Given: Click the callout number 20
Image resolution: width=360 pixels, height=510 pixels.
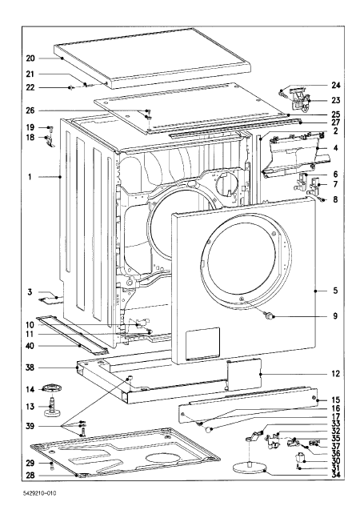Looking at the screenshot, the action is point(30,58).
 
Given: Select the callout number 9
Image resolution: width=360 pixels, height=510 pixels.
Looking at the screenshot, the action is point(335,315).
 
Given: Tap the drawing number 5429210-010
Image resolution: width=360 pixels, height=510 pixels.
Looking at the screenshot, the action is point(40,493).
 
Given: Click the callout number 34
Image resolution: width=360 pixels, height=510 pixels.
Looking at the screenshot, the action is point(336,475).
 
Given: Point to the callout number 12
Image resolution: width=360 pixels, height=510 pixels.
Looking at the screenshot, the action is point(336,374).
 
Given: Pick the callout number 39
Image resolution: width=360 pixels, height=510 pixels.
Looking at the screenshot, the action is point(30,427).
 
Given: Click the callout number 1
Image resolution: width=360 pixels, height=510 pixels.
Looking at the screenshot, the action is point(30,177).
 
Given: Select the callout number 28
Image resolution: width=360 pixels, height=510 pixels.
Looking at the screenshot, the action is point(30,476).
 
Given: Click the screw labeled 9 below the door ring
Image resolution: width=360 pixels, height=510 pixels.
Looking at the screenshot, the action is point(270,315).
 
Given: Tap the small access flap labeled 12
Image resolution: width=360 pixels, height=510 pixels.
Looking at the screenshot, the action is point(244,374).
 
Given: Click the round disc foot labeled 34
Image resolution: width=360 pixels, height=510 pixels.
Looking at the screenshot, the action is point(250,468).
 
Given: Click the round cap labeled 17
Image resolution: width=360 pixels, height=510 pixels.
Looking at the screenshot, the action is point(208,429).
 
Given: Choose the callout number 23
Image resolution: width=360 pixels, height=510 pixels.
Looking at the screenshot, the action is point(336,100).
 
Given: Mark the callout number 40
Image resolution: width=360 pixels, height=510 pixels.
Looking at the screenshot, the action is point(30,346).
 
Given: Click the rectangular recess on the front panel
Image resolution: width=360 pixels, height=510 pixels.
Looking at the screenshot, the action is point(202,343).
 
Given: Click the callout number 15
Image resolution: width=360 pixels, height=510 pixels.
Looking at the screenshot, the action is point(336,400).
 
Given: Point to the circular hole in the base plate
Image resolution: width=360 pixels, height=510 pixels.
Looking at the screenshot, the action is point(162,459).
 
